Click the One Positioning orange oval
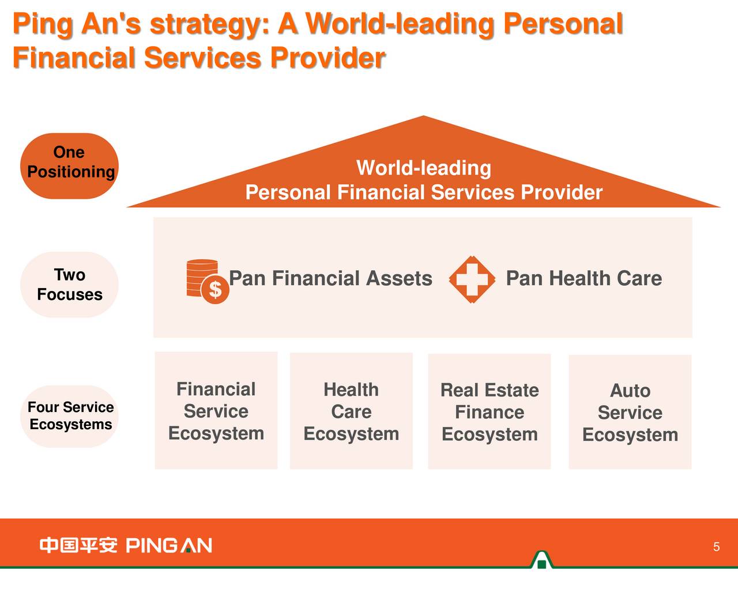69,166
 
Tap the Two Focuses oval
69,285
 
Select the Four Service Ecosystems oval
69,416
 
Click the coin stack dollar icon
208,281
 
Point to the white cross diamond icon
472,279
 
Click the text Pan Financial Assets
330,278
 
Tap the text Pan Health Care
584,278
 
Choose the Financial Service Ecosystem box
216,410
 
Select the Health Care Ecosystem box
351,411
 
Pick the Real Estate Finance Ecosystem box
490,411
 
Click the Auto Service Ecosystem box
630,412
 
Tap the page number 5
717,546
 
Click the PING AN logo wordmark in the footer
169,546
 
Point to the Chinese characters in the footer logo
78,546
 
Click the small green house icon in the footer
542,559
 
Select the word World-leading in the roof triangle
424,168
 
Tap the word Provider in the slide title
328,58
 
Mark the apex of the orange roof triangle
424,116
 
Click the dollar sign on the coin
216,289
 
